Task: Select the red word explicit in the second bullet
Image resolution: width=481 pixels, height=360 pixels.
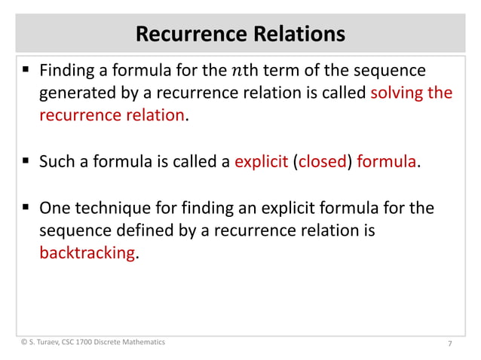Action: click(261, 161)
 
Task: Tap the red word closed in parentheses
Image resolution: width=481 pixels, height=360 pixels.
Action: click(321, 161)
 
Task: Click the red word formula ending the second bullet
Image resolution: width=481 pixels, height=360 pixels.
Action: click(386, 161)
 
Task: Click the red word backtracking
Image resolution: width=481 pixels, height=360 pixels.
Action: click(87, 253)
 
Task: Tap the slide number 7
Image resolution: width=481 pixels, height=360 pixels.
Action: click(449, 344)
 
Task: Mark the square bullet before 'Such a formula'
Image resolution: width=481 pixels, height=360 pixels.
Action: click(26, 161)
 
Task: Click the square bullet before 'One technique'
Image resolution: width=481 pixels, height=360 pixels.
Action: click(26, 208)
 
